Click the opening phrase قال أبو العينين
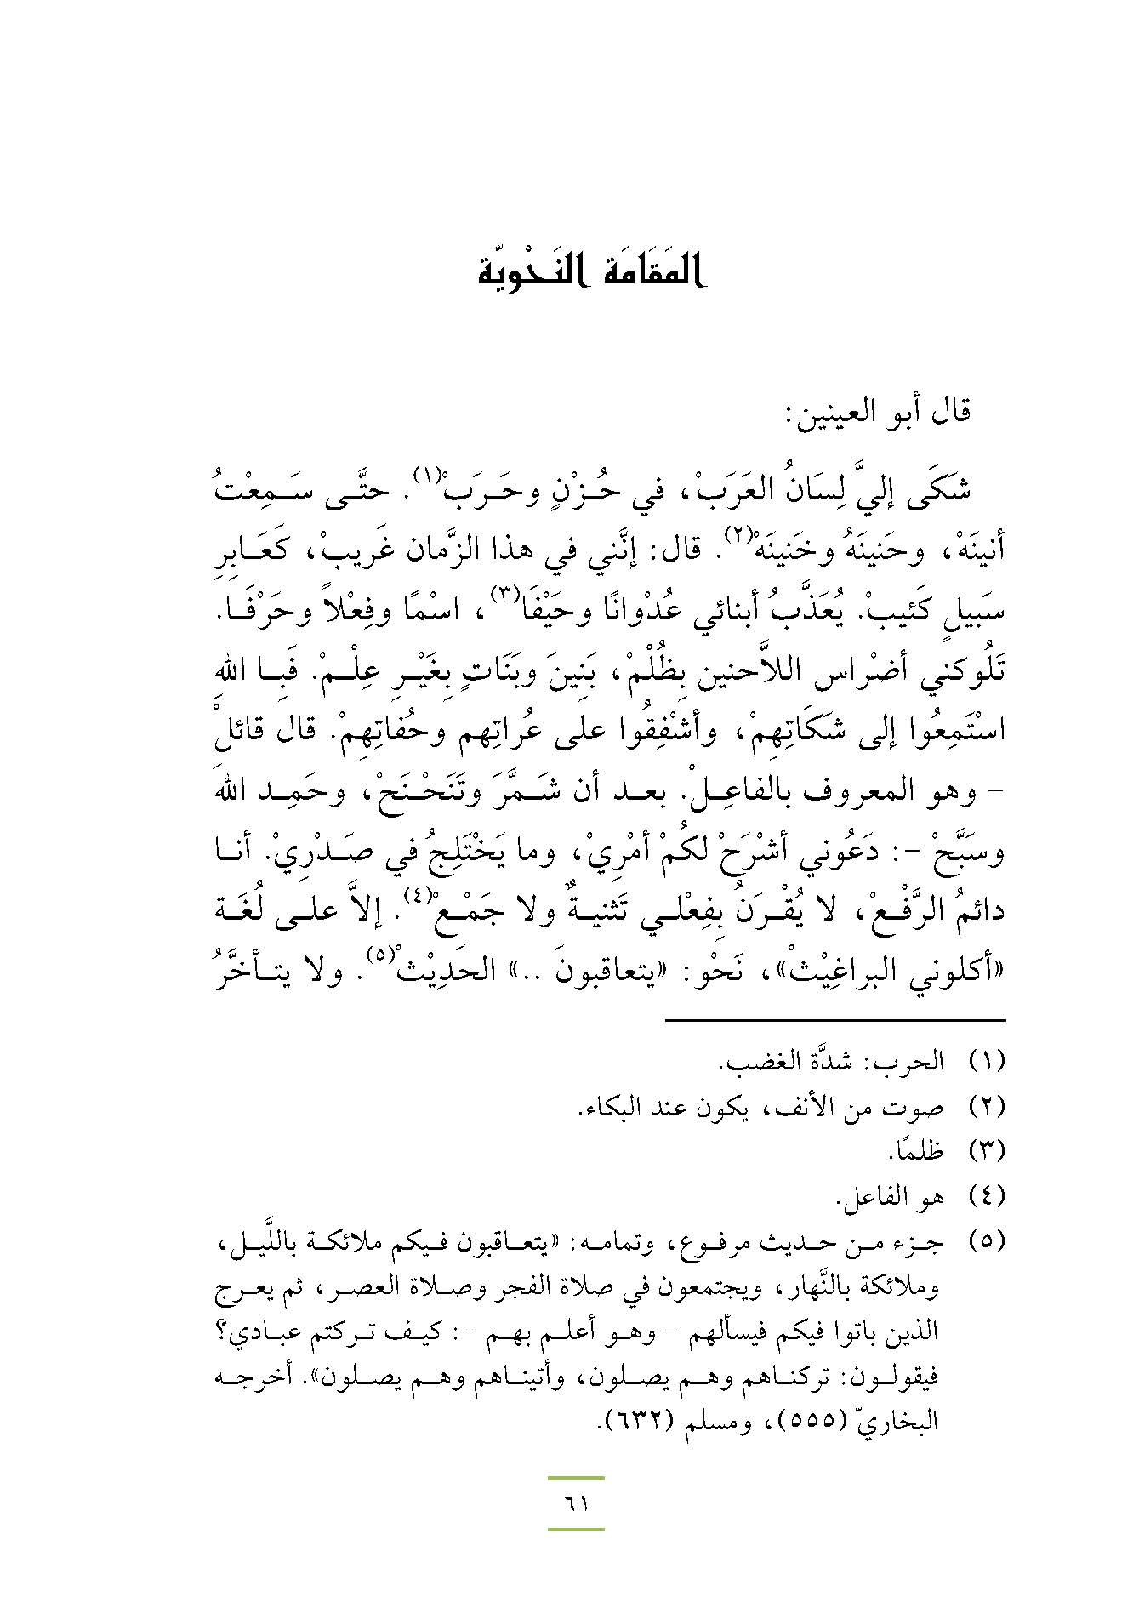tap(876, 413)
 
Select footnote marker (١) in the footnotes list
tap(988, 1061)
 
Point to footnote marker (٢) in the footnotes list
tap(988, 1106)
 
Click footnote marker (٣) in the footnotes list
tap(988, 1151)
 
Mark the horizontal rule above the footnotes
tap(834, 1020)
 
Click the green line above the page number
tap(576, 1479)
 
